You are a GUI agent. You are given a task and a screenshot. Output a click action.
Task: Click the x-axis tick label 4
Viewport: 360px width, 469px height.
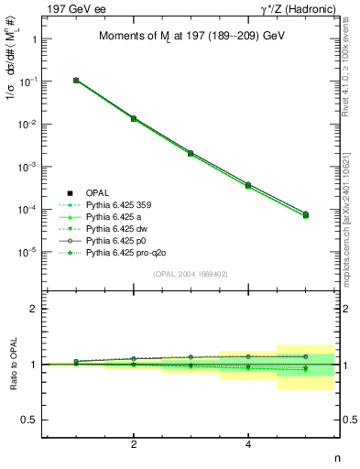248,444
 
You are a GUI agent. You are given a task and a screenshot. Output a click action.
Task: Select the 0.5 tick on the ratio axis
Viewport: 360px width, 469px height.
29,420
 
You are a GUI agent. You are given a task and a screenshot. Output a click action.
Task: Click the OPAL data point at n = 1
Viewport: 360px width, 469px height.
76,81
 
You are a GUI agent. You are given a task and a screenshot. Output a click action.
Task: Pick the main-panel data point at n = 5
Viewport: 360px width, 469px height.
306,215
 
